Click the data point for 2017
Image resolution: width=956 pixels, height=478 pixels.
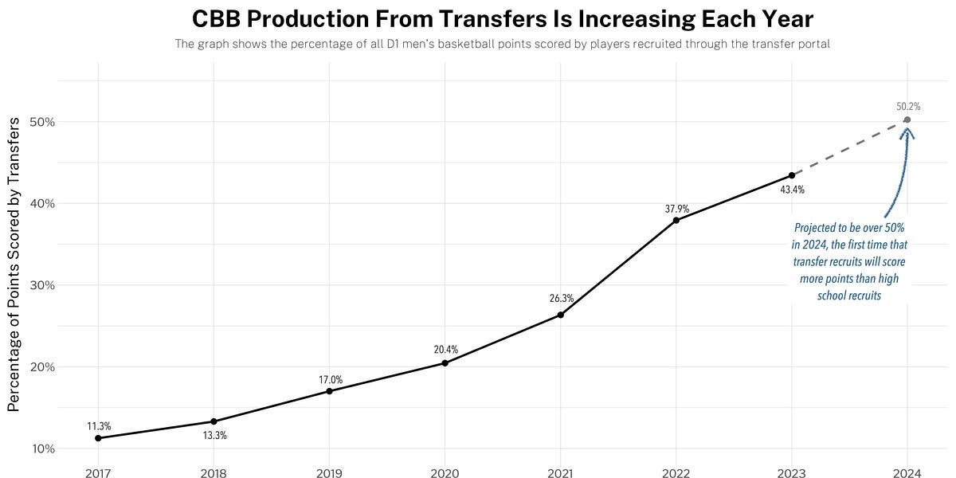[98, 438]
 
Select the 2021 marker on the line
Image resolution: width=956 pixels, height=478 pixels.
[560, 315]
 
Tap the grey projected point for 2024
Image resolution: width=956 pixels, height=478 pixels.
[907, 119]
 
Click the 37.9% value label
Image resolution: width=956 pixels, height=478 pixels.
[676, 209]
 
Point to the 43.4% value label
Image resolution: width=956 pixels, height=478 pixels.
[792, 190]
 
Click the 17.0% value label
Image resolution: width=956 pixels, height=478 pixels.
[331, 380]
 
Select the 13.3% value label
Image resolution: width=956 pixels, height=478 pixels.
[214, 436]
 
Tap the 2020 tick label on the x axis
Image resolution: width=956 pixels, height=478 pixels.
[445, 473]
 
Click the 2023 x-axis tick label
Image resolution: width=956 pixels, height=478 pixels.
[791, 473]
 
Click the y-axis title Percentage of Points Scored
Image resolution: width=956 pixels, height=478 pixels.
[14, 264]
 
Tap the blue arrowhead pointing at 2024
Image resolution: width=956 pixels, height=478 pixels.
[907, 131]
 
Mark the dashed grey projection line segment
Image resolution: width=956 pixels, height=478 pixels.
[849, 147]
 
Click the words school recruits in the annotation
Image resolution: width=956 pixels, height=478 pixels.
[849, 296]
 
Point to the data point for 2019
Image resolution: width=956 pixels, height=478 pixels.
[329, 391]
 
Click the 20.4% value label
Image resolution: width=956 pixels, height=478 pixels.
[445, 349]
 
